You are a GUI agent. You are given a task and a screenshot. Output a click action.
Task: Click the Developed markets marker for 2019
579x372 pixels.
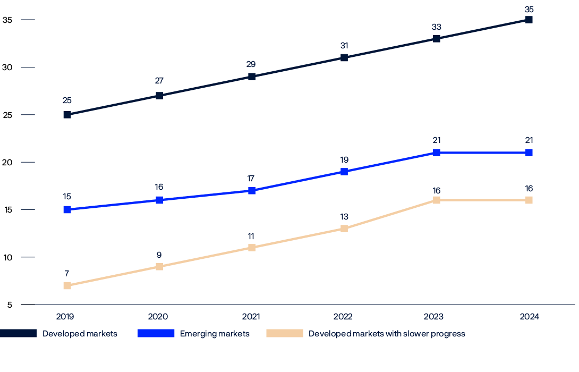67,115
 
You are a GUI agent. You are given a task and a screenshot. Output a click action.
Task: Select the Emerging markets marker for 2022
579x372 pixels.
344,172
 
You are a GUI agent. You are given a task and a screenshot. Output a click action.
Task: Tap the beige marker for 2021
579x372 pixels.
252,248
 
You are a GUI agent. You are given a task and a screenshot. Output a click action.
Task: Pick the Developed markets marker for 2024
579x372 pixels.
529,20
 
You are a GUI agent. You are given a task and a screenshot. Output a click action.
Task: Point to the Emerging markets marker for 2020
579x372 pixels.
159,200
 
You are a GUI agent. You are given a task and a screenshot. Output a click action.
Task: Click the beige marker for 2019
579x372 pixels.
67,286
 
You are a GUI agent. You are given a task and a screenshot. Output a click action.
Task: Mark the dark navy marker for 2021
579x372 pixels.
252,77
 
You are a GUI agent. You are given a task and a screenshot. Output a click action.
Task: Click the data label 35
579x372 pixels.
529,9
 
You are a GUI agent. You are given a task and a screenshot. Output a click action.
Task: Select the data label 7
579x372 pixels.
66,274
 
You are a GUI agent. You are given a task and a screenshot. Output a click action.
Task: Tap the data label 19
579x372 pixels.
344,160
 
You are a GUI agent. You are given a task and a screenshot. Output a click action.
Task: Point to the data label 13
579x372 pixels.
344,217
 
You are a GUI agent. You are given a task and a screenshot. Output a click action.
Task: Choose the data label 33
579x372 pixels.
436,27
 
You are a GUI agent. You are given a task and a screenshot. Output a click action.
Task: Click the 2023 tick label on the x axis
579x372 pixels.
436,317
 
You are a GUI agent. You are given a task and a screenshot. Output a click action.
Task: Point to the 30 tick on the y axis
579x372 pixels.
7,67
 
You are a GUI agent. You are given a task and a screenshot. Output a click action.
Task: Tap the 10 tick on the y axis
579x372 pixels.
7,257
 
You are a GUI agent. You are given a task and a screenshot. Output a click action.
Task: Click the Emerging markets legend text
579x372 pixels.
215,334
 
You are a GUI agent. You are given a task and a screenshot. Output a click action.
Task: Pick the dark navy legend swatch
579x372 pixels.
18,333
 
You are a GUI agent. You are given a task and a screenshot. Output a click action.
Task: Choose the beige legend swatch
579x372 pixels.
284,333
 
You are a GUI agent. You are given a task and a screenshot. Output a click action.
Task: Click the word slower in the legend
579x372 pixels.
408,334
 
